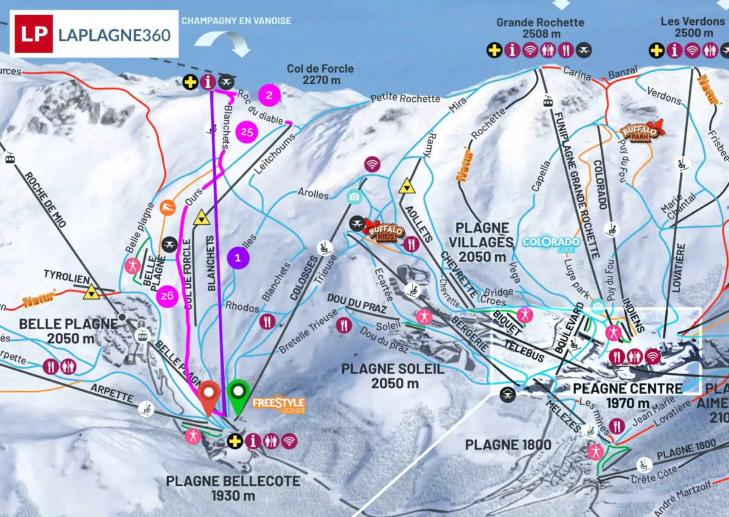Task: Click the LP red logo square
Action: coord(34,33)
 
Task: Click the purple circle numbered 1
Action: coord(238,258)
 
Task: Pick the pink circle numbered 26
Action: coord(166,296)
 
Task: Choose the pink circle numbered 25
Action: coord(247,132)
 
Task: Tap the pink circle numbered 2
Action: coord(269,95)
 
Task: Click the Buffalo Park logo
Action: coord(642,131)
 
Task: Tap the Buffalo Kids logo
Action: coord(384,230)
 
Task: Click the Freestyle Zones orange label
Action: coord(278,405)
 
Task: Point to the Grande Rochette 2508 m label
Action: coord(540,28)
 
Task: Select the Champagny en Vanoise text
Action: coord(236,21)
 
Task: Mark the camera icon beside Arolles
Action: coord(354,196)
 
